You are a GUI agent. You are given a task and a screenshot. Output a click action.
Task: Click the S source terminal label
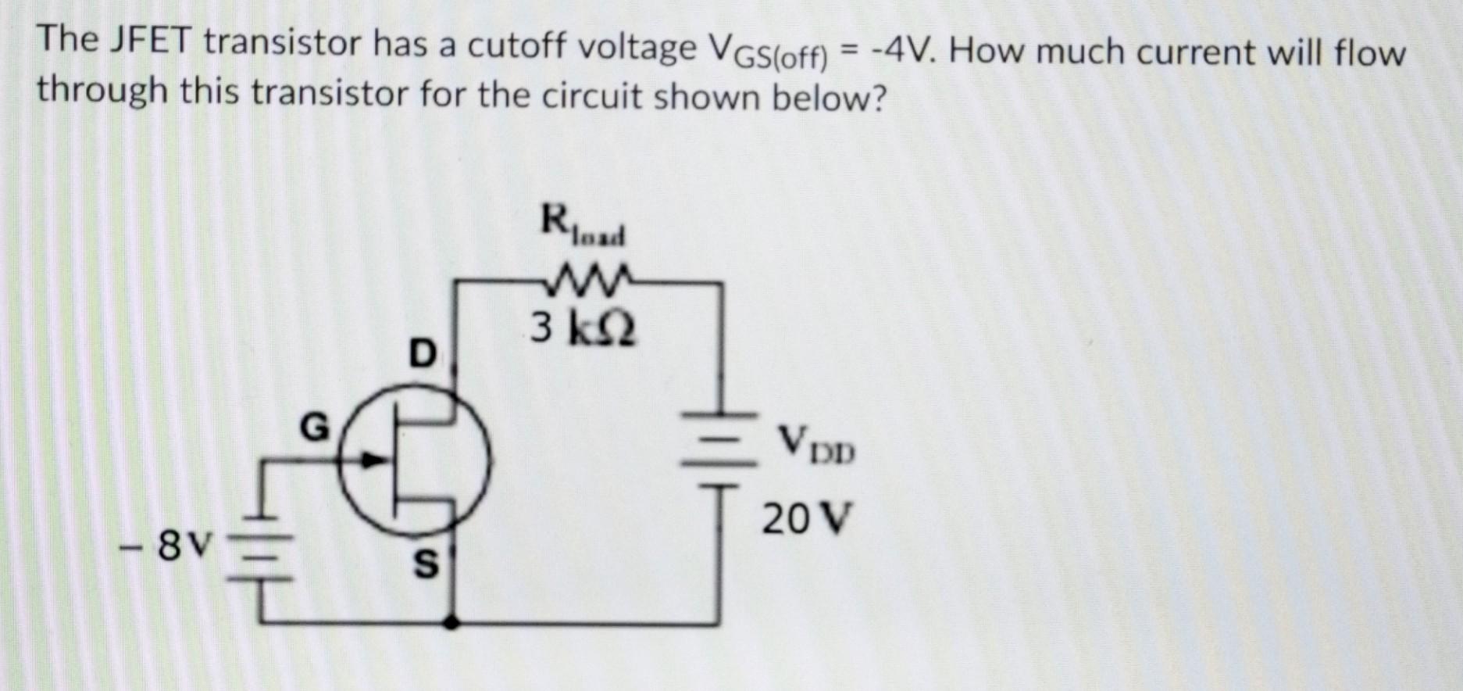424,565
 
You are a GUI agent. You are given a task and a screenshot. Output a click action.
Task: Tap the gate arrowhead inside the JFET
375,460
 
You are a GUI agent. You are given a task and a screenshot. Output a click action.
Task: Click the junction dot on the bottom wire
452,623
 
